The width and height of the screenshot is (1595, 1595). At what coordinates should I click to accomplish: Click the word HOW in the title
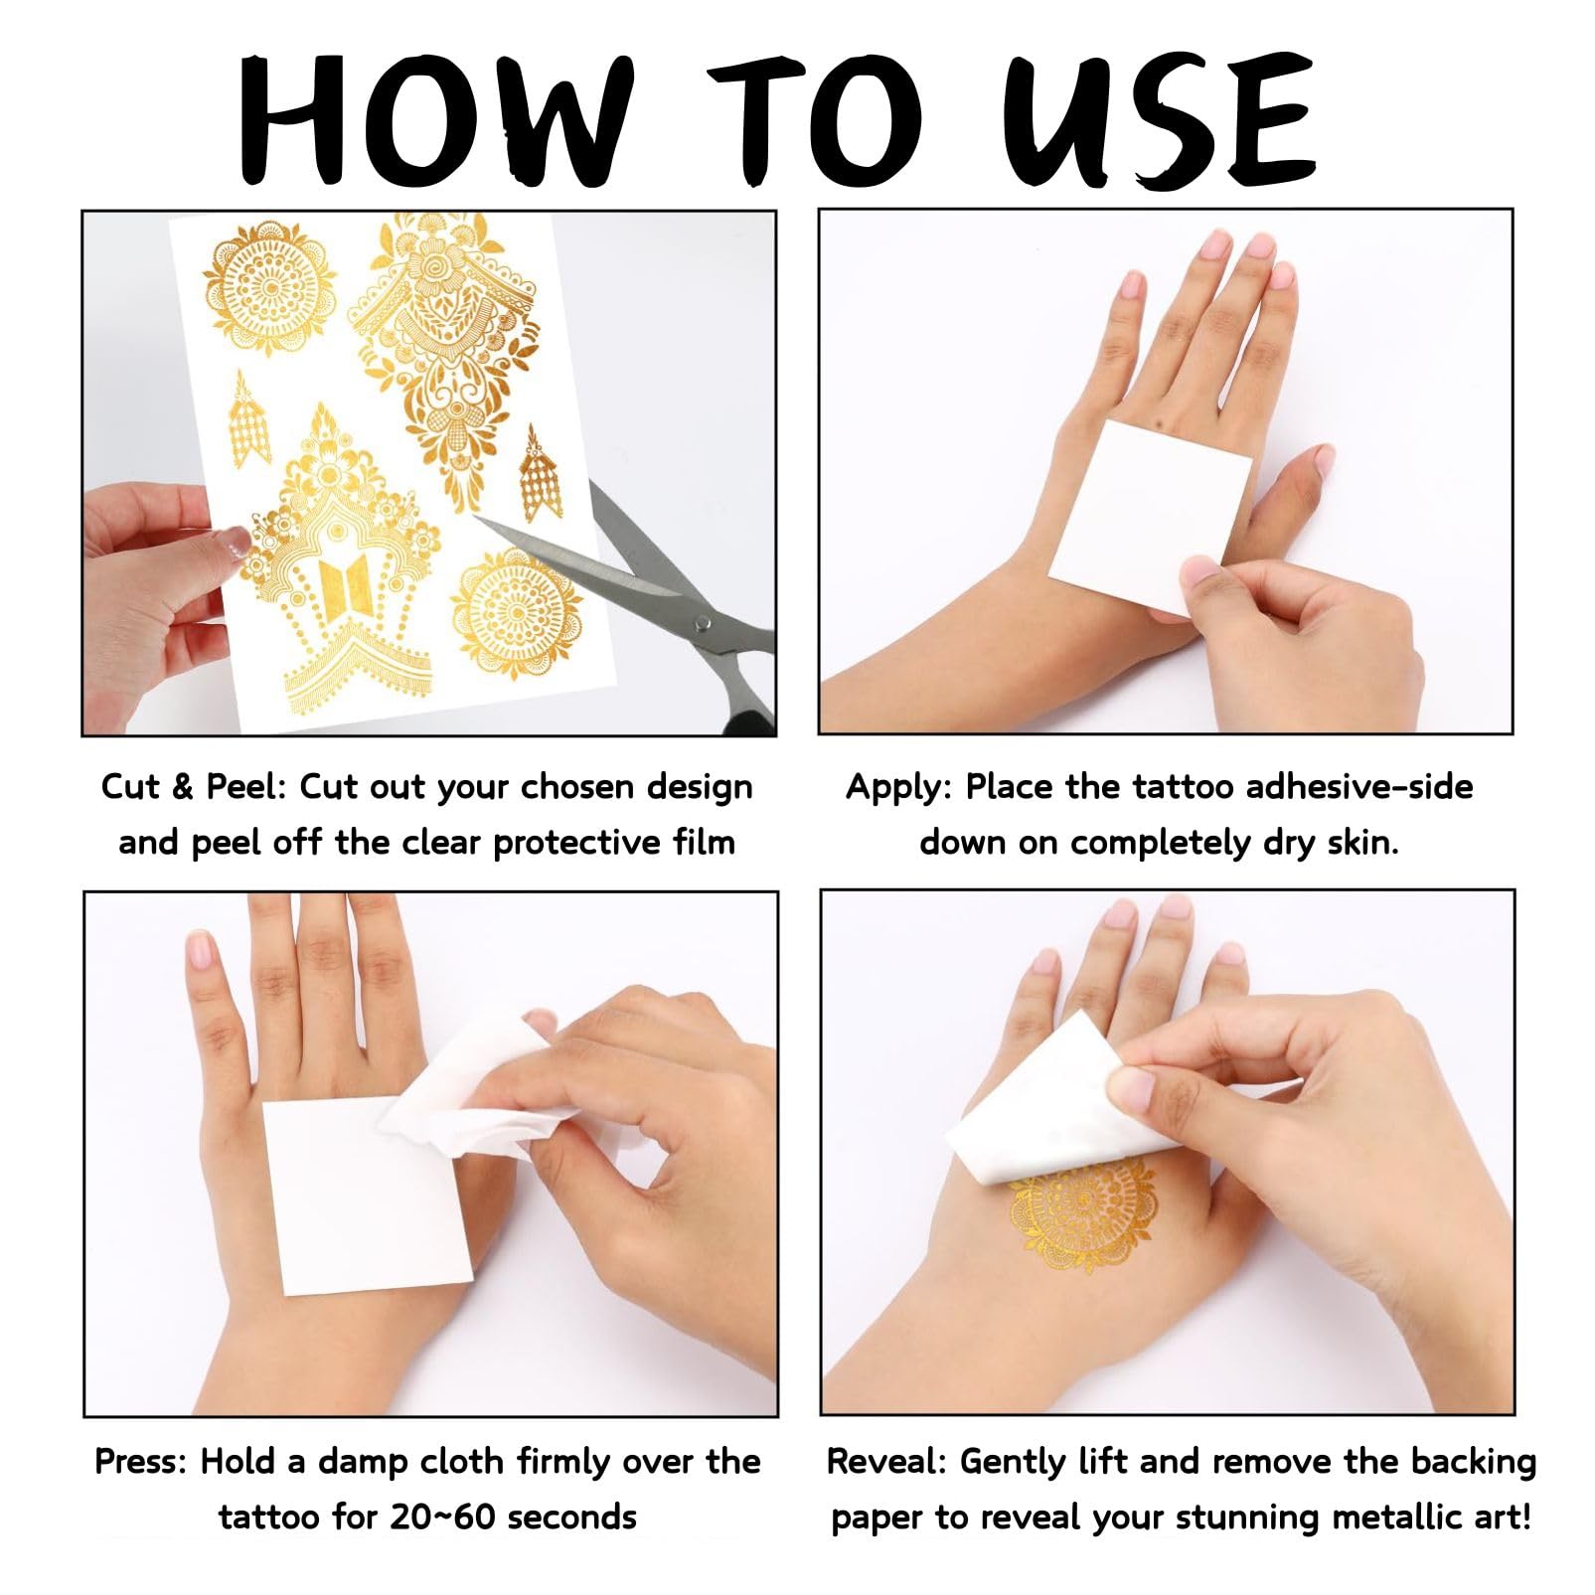click(x=435, y=120)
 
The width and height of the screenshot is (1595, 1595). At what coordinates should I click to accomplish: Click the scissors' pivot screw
click(x=703, y=623)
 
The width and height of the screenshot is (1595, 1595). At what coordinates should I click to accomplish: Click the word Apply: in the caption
click(x=899, y=787)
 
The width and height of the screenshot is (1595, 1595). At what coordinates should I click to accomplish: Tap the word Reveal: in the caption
click(x=886, y=1462)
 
